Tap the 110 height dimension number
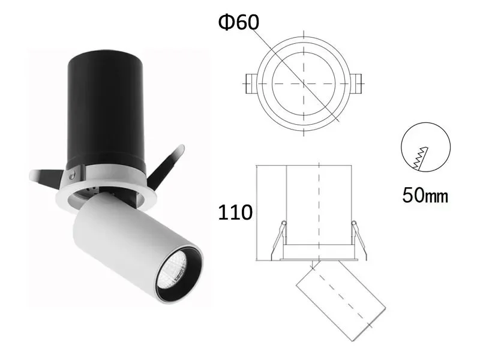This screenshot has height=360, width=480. point(235,212)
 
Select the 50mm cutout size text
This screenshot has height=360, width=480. point(425,196)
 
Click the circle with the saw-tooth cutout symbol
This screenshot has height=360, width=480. point(425,148)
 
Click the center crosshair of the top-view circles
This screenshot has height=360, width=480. point(304,82)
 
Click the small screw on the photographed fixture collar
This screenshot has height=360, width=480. point(72,175)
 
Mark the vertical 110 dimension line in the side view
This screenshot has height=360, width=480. point(257,212)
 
